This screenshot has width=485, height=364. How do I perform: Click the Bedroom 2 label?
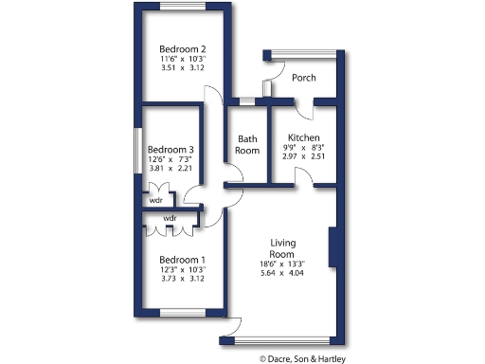pos(183,48)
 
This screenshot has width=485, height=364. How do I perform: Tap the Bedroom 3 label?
pos(171,149)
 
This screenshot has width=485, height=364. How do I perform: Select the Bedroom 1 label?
pos(182,260)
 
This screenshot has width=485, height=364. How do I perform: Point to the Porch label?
pos(304,78)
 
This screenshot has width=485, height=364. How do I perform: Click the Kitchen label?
pos(304,137)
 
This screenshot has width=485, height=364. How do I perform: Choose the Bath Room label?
pos(247,144)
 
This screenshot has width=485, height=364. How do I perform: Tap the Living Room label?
pos(284,248)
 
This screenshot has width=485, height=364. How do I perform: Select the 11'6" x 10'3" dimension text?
pos(183,60)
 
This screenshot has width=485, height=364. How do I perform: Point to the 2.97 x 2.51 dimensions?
pos(304,158)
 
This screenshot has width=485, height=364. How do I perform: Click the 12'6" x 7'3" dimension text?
pos(171,159)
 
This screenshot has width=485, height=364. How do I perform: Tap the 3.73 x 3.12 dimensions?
pos(182,281)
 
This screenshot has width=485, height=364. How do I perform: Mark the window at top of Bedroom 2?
pos(184,7)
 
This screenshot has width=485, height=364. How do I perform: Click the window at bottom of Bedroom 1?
pos(183,312)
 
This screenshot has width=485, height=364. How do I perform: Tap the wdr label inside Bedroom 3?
pos(155,200)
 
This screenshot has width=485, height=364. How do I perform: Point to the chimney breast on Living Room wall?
pos(332,248)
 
